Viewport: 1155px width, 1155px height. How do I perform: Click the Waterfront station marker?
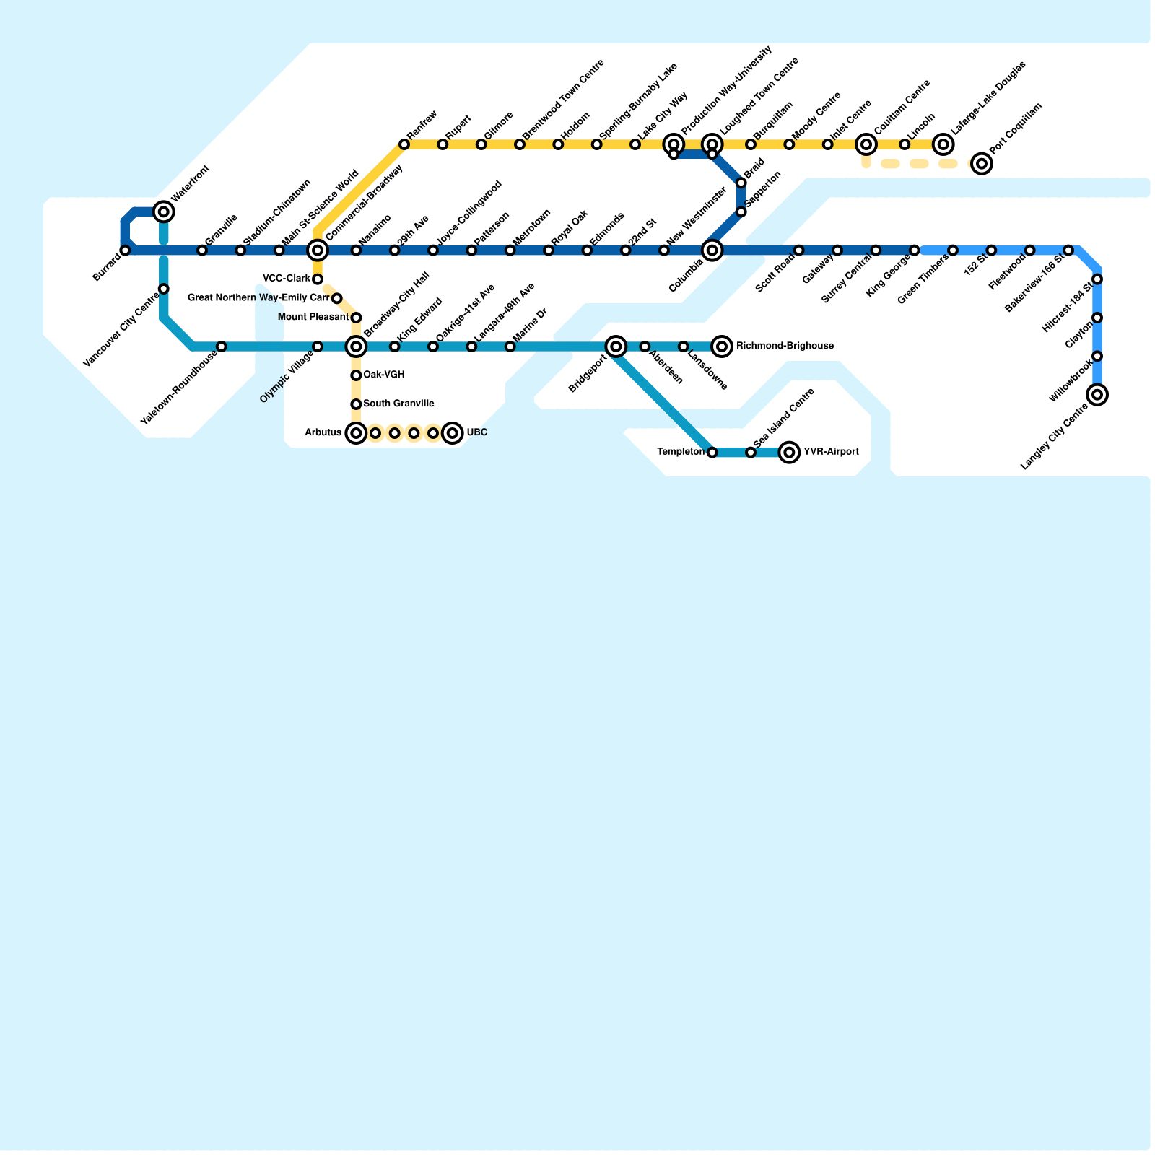[164, 212]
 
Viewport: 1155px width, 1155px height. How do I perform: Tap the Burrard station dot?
[125, 250]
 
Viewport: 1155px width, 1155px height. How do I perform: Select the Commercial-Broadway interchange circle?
[318, 250]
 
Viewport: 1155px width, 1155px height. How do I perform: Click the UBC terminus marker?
[453, 433]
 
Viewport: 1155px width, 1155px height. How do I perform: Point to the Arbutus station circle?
[356, 433]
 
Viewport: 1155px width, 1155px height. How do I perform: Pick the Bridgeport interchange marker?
[616, 346]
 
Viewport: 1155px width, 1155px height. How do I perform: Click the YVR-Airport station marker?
[790, 453]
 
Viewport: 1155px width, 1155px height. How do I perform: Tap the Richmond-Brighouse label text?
[785, 346]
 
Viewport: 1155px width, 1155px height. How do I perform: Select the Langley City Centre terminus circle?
[1097, 395]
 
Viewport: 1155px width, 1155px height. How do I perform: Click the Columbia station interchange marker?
[712, 250]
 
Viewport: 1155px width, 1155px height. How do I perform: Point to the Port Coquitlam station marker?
[982, 164]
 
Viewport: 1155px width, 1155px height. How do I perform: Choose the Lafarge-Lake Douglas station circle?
[943, 144]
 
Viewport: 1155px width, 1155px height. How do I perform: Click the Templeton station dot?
[712, 453]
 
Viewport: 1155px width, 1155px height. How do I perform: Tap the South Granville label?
[398, 404]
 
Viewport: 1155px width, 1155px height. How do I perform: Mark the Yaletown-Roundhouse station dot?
[222, 346]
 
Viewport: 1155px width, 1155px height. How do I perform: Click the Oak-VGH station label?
[383, 375]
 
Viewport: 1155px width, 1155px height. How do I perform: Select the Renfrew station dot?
[404, 144]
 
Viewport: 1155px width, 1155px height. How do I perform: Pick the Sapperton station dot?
[741, 212]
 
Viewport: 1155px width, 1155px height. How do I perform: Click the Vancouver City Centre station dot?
[164, 289]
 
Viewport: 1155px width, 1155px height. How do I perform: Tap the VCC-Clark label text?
[287, 279]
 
